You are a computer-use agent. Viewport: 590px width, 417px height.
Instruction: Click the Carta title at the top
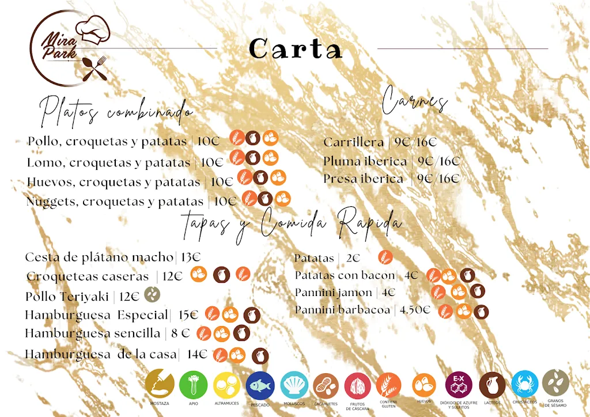click(296, 49)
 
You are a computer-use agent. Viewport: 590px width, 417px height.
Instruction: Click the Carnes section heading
click(415, 102)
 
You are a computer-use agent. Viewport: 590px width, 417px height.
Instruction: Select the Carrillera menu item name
click(353, 142)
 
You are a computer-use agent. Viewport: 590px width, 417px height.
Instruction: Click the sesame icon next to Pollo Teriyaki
click(152, 294)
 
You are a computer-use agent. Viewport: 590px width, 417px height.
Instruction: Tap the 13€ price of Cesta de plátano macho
click(190, 257)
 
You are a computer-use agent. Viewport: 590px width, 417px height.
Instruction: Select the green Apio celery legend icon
click(193, 385)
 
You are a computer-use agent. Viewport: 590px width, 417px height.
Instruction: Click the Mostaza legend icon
click(160, 384)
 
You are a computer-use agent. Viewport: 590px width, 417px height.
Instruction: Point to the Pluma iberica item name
click(365, 161)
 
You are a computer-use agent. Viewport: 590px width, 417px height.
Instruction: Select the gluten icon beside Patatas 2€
click(385, 257)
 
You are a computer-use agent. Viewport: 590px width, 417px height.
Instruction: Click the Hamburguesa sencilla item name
click(92, 333)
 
